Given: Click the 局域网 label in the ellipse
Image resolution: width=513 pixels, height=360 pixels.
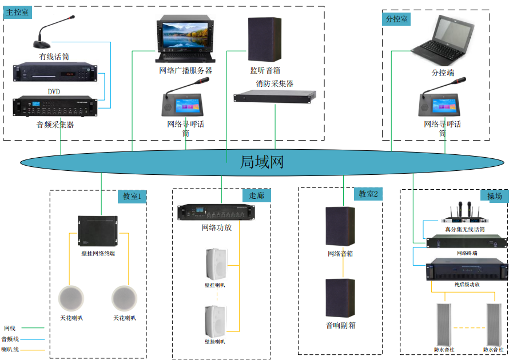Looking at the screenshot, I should [262, 162].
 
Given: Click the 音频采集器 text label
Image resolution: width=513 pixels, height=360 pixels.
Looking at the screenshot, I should [55, 125].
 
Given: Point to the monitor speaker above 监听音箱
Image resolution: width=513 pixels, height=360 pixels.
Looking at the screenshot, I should [265, 39].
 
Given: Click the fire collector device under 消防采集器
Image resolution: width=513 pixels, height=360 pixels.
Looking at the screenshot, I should [275, 97].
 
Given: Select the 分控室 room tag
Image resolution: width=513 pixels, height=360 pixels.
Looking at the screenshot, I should [397, 19].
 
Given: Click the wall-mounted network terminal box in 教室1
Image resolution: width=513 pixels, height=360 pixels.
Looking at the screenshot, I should [97, 230].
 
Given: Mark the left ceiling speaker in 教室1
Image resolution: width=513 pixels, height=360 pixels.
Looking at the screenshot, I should [71, 298].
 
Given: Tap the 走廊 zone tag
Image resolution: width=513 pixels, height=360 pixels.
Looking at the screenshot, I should [257, 195].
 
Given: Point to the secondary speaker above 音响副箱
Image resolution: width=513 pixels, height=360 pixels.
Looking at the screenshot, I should [340, 299].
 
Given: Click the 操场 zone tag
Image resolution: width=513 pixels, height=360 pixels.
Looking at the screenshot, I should [495, 196].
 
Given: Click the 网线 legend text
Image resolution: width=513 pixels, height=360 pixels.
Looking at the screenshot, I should [10, 328].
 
